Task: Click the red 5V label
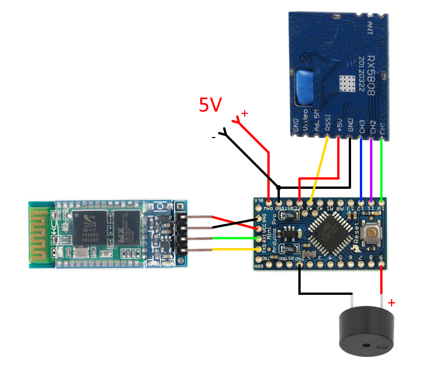coord(210,105)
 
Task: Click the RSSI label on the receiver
coord(328,124)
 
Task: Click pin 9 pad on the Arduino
coord(382,266)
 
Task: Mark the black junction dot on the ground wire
coord(278,188)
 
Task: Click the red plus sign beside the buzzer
coord(391,303)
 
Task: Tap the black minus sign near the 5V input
coord(213,137)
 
